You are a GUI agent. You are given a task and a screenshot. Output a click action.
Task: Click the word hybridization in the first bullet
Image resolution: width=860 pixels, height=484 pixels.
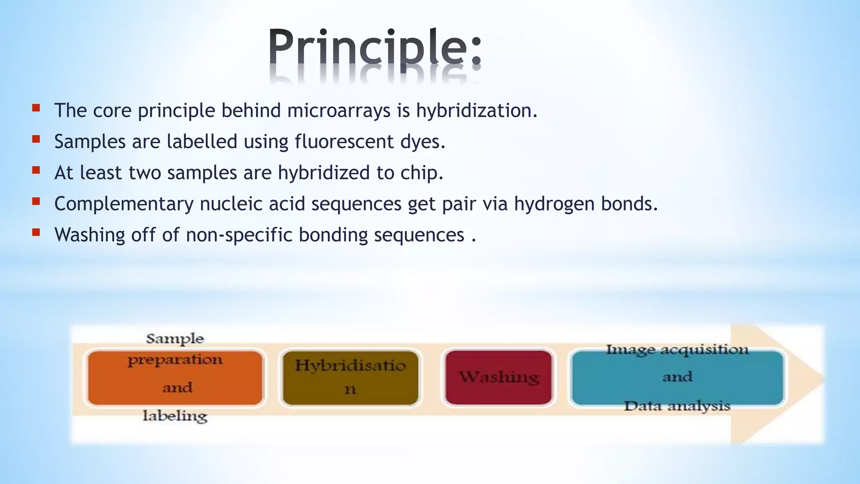click(x=476, y=111)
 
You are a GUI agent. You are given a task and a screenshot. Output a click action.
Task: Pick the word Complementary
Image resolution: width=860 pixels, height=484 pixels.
click(x=123, y=204)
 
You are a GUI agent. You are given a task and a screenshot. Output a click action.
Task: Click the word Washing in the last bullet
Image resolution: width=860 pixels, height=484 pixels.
click(x=89, y=235)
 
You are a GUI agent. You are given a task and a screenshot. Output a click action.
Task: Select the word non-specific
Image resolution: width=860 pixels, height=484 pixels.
click(x=239, y=235)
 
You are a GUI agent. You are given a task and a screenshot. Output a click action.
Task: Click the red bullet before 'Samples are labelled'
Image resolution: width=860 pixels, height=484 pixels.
click(x=36, y=139)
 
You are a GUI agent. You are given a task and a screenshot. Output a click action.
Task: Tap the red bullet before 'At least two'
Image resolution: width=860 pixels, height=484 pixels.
click(x=36, y=170)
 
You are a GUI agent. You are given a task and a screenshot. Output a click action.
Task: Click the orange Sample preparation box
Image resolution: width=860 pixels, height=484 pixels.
click(x=175, y=377)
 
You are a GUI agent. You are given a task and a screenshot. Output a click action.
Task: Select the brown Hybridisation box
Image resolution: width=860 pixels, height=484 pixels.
click(x=350, y=377)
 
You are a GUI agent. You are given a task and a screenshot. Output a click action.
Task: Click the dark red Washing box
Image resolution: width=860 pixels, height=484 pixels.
click(x=498, y=377)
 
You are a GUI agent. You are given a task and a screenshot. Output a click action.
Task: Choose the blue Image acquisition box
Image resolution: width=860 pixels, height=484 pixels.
click(x=677, y=377)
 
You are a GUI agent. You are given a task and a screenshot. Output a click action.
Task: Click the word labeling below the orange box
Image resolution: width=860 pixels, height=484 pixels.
click(x=175, y=416)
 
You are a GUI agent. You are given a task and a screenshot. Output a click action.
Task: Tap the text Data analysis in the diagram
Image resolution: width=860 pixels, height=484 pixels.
click(x=677, y=406)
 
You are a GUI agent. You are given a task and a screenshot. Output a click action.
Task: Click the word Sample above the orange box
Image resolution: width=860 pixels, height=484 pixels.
click(x=175, y=339)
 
